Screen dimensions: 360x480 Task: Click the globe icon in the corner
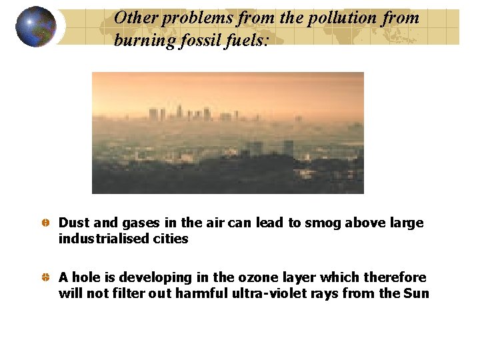coord(36,27)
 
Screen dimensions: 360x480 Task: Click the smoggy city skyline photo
coord(227,133)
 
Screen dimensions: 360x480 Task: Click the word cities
coord(170,239)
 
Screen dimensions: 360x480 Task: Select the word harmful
coord(202,293)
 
